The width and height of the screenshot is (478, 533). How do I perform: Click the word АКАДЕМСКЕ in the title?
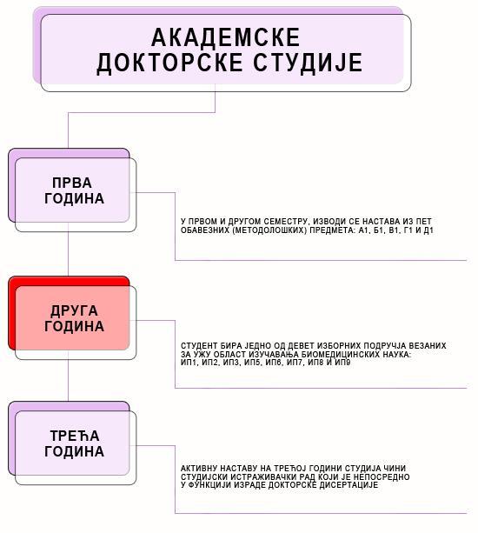pyautogui.click(x=226, y=37)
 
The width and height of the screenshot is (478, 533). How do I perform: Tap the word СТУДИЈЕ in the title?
pyautogui.click(x=309, y=63)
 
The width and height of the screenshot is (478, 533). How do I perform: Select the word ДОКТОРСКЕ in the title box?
pyautogui.click(x=169, y=63)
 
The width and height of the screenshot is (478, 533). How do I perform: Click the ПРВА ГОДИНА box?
pyautogui.click(x=72, y=190)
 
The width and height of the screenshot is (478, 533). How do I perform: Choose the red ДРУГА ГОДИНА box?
pyautogui.click(x=72, y=318)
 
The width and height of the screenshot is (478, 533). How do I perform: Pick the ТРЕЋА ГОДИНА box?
pyautogui.click(x=72, y=443)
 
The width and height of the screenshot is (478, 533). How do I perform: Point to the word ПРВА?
pyautogui.click(x=72, y=183)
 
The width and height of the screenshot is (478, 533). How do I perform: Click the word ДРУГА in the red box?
pyautogui.click(x=74, y=310)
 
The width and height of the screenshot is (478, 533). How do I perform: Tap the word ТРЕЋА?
pyautogui.click(x=75, y=436)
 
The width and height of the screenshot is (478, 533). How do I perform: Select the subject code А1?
pyautogui.click(x=363, y=230)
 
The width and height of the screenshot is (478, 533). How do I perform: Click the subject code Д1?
pyautogui.click(x=428, y=230)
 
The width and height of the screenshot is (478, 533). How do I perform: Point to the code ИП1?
pyautogui.click(x=189, y=363)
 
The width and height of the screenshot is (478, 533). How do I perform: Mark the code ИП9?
pyautogui.click(x=342, y=363)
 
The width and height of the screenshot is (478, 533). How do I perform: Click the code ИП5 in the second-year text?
pyautogui.click(x=252, y=363)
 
